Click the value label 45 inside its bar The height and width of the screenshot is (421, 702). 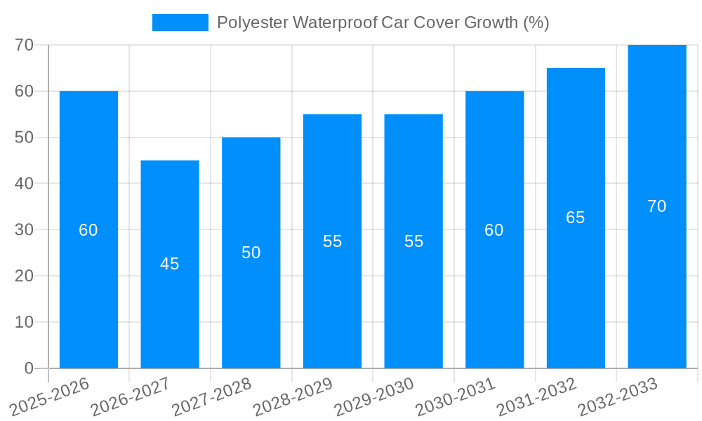click(170, 264)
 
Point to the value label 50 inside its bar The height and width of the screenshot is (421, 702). click(251, 253)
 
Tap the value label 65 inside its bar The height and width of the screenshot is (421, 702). click(576, 218)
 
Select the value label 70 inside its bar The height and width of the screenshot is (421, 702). click(657, 206)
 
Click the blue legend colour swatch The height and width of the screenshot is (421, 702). click(180, 22)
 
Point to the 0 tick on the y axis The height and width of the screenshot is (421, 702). click(29, 368)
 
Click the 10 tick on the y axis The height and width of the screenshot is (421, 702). click(25, 322)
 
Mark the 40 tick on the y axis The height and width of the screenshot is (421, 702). click(25, 183)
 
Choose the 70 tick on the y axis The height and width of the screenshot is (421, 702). click(25, 45)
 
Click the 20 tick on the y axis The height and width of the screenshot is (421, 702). click(25, 276)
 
